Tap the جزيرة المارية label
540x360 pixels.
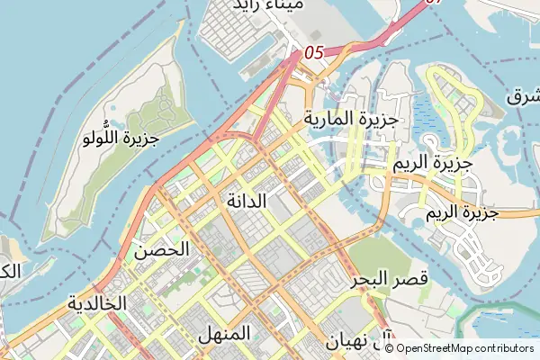[x=351, y=118]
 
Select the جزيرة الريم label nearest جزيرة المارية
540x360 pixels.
[x=433, y=165]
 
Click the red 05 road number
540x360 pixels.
[x=313, y=53]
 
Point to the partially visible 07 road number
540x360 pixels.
[x=435, y=4]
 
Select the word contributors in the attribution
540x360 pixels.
[x=508, y=347]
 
